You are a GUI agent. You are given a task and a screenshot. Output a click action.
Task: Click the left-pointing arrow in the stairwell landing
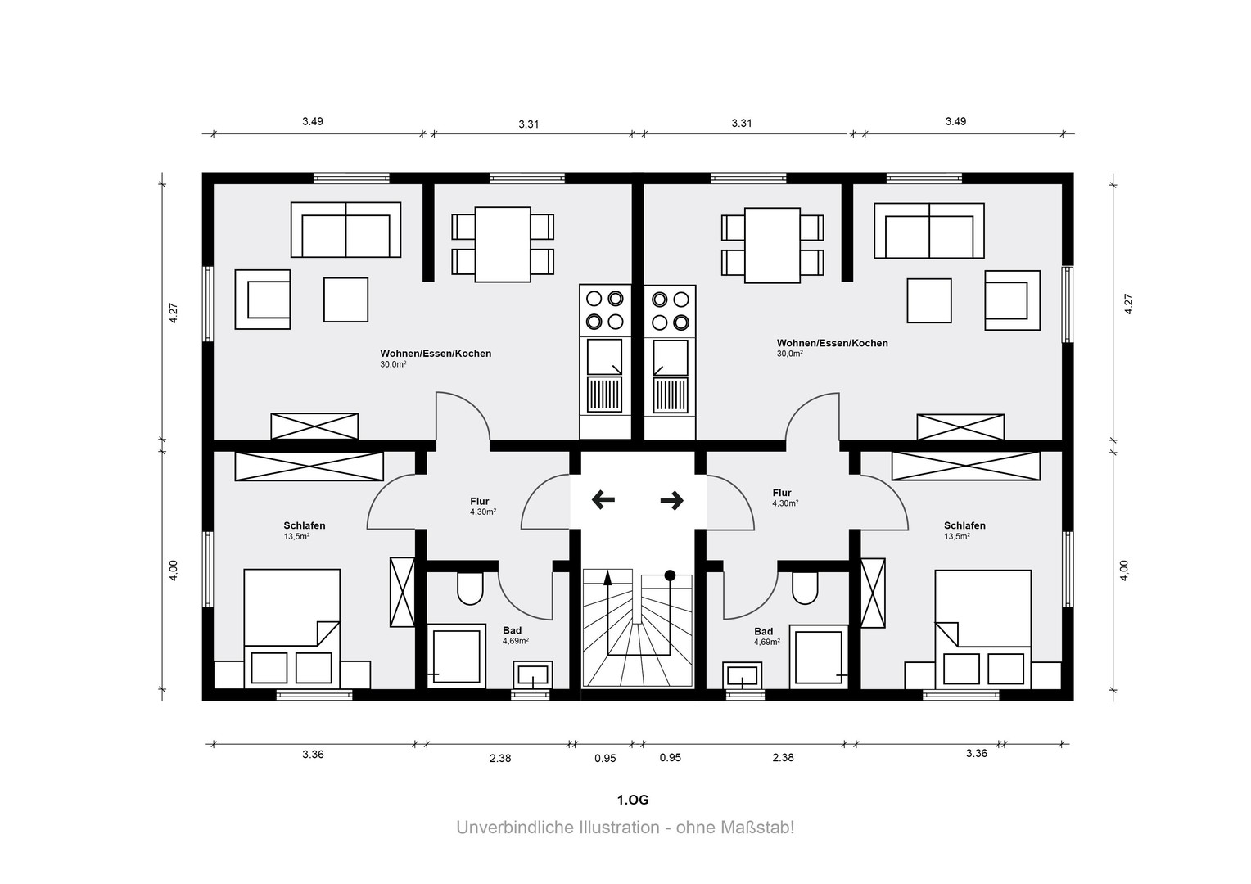point(603,499)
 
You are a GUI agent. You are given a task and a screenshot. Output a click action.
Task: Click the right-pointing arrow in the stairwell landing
point(672,500)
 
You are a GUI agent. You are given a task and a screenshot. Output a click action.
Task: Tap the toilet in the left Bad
point(470,589)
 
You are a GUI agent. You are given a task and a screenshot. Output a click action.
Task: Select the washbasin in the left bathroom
point(533,676)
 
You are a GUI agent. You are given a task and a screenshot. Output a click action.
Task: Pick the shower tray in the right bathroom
point(819,656)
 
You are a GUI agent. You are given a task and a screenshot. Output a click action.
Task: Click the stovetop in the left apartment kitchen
point(605,310)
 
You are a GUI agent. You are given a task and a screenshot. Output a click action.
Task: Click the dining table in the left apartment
point(503,245)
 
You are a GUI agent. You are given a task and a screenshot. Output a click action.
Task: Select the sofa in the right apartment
point(929,231)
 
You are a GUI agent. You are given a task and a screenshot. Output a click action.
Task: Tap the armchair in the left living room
point(263,300)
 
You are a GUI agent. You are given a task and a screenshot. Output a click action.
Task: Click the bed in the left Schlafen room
point(292,629)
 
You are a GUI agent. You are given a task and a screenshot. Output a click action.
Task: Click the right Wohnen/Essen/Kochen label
point(832,343)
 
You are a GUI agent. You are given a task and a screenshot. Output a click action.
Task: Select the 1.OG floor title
point(633,800)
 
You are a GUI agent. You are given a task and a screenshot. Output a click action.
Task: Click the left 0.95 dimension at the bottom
point(605,758)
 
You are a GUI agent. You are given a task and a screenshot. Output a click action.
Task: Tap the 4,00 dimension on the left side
point(174,571)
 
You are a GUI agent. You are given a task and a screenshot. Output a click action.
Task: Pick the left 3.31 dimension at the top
point(528,124)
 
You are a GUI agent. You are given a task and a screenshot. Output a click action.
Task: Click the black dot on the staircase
point(671,575)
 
